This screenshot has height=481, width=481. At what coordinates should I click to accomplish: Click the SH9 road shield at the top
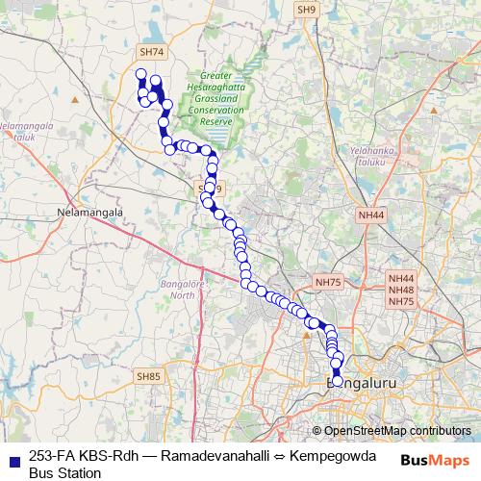pyautogui.click(x=307, y=10)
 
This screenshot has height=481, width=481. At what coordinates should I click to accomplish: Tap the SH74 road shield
pyautogui.click(x=151, y=52)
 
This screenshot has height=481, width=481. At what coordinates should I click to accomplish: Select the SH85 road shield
pyautogui.click(x=149, y=376)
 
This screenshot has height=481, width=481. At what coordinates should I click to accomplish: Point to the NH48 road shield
pyautogui.click(x=401, y=290)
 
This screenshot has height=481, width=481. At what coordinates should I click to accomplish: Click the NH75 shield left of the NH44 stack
pyautogui.click(x=328, y=282)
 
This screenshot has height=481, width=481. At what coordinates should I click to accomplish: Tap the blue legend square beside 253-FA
pyautogui.click(x=13, y=458)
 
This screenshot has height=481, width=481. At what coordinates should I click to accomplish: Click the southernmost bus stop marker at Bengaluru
pyautogui.click(x=337, y=381)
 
